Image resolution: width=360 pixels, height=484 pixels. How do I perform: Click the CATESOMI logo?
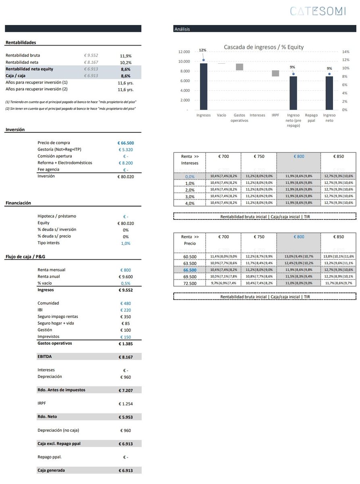(318, 11)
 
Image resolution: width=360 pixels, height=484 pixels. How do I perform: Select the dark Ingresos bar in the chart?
(204, 86)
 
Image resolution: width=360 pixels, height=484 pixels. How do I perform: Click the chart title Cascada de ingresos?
(264, 47)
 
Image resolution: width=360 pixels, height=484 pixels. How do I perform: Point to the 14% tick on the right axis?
(345, 52)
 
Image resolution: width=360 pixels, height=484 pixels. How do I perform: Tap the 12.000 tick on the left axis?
(184, 52)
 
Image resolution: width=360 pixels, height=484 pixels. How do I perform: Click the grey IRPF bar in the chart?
(275, 73)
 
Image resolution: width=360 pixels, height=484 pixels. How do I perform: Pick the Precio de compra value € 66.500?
(125, 143)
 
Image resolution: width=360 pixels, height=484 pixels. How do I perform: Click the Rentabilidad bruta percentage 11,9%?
(125, 56)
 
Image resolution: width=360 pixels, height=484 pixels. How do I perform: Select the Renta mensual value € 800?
(125, 270)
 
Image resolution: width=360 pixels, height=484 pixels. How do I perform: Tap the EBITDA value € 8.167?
(125, 357)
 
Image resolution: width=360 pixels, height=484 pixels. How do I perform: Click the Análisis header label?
(182, 29)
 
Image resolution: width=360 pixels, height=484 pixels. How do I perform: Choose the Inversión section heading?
(15, 129)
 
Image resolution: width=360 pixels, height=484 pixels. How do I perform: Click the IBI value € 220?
(125, 310)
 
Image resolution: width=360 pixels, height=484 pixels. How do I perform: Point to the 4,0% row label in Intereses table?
(189, 203)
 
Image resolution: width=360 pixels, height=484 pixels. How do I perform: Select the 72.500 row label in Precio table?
(189, 284)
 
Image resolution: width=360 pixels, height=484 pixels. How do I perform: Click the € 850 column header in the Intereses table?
(338, 156)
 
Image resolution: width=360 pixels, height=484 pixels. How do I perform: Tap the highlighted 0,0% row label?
(189, 177)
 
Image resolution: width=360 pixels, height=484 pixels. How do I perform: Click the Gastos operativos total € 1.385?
(125, 344)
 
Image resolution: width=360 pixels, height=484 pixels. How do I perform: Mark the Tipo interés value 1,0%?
(125, 243)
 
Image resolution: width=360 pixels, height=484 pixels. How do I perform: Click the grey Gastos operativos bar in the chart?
(239, 67)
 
